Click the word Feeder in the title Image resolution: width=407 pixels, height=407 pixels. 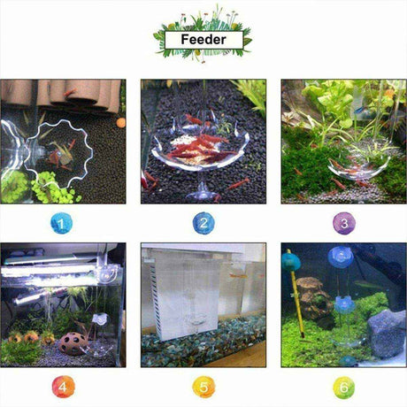(x=203, y=40)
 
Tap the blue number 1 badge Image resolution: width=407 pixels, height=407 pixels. (x=61, y=223)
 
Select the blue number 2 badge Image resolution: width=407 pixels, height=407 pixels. (x=203, y=223)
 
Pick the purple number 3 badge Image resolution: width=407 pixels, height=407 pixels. (x=344, y=223)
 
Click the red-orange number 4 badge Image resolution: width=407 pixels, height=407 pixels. (x=63, y=387)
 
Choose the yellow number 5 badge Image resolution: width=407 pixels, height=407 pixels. (x=203, y=387)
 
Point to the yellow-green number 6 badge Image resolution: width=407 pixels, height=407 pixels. (x=344, y=387)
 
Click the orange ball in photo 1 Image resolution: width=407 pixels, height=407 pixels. (x=120, y=123)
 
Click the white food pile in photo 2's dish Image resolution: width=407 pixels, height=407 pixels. (x=188, y=150)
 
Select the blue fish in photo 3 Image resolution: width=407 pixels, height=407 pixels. (x=359, y=110)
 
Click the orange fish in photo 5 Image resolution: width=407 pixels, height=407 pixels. (x=238, y=276)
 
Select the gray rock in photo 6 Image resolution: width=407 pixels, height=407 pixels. (x=387, y=334)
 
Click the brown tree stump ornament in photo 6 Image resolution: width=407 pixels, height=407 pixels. (x=312, y=298)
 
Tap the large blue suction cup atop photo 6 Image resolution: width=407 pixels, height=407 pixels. (x=341, y=257)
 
